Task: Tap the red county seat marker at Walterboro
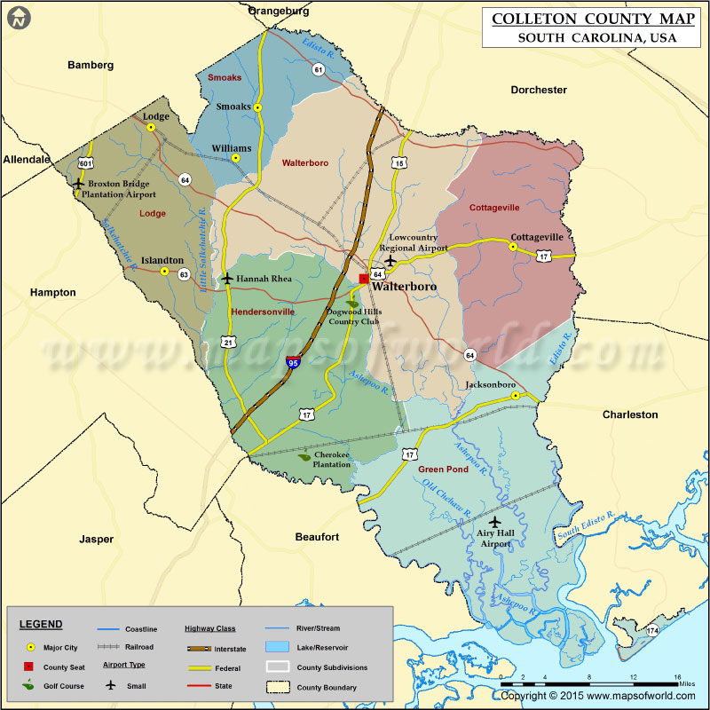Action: tap(363, 279)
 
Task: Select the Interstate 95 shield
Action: tap(293, 361)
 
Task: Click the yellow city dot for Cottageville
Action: tap(512, 247)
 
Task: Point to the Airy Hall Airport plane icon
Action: tap(495, 521)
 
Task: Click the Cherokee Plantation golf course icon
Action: tap(304, 457)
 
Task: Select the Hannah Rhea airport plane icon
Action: tap(227, 279)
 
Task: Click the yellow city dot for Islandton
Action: tap(164, 272)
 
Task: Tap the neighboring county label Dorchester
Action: tap(538, 90)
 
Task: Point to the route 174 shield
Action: tap(652, 630)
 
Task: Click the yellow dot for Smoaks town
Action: tap(258, 107)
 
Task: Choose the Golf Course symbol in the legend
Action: tap(29, 684)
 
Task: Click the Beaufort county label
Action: tap(317, 537)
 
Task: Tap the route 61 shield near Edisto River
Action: tap(318, 68)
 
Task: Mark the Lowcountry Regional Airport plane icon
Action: tap(389, 260)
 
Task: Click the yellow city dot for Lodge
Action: tap(152, 127)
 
